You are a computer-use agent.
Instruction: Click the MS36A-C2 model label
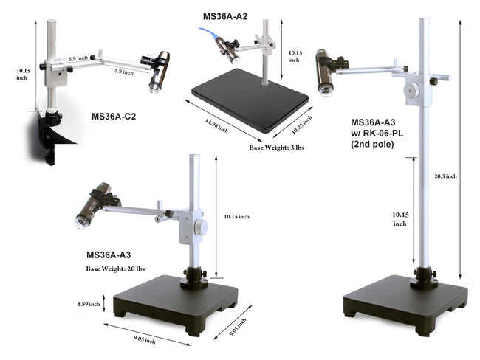[113, 117]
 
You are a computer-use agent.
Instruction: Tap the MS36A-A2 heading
[224, 16]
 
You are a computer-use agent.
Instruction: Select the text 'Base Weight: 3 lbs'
[276, 148]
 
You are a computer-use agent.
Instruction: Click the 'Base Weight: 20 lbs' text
[115, 269]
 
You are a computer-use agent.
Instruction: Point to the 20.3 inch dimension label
[445, 176]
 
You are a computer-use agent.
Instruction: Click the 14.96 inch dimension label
[216, 125]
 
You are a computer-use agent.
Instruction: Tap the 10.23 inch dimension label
[301, 125]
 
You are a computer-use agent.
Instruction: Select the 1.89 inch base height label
[89, 304]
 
